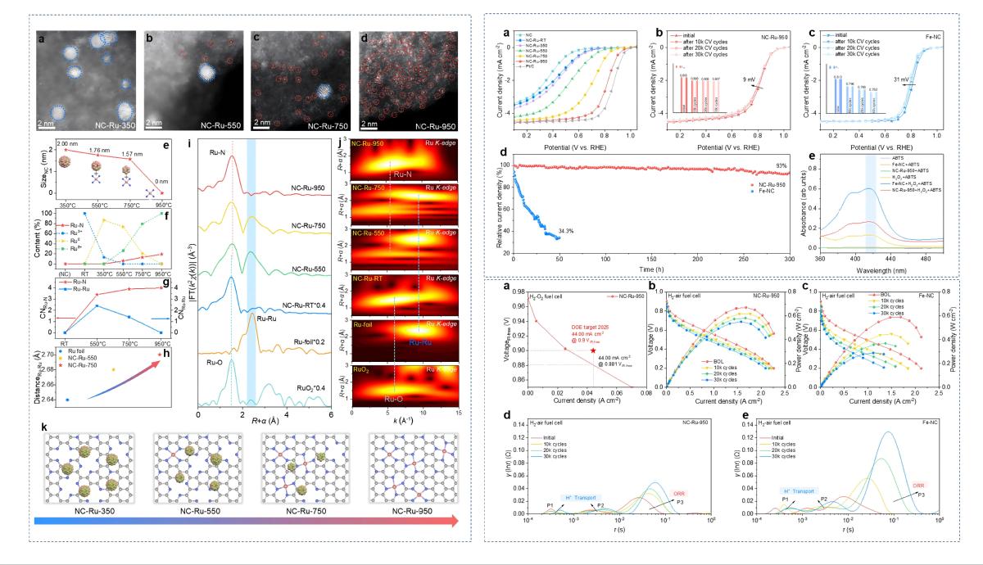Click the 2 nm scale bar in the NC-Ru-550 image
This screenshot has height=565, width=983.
(153, 122)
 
